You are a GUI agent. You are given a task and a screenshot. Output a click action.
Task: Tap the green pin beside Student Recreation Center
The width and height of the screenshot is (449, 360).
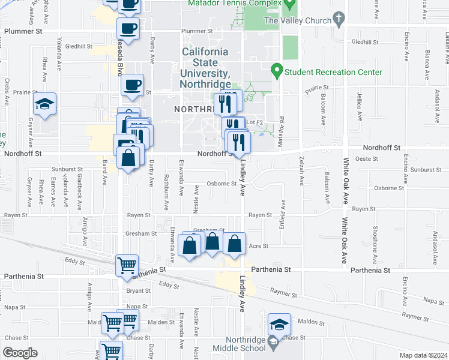[277, 72]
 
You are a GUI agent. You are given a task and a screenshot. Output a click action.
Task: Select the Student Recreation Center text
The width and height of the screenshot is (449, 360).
[333, 72]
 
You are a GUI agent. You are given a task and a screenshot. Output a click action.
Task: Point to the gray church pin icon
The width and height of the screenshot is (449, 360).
[339, 19]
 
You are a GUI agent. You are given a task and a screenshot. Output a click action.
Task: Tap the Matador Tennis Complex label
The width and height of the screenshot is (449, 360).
[242, 4]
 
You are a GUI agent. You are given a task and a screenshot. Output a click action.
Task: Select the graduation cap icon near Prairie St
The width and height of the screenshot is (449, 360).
[45, 104]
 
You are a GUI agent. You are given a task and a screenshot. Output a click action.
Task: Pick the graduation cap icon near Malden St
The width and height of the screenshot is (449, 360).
[279, 325]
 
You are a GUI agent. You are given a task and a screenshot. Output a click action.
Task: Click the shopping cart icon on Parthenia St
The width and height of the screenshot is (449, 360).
[127, 265]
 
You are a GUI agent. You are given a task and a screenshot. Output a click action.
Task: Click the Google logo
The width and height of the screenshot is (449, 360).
[20, 353]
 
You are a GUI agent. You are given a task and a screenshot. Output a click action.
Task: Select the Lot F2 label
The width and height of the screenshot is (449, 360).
[255, 122]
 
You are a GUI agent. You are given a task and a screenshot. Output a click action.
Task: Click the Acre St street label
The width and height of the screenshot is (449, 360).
[258, 247]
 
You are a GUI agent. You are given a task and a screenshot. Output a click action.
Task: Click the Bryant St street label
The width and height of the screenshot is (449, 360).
[138, 290]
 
